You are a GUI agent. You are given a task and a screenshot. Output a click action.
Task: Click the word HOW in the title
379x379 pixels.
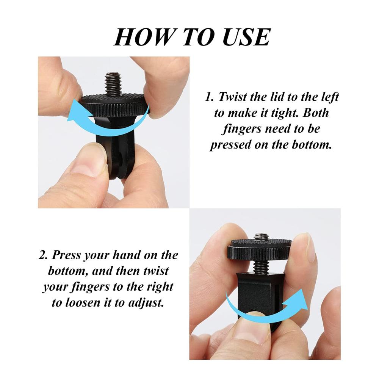(143, 37)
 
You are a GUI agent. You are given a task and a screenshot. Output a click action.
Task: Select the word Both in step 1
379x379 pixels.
(316, 113)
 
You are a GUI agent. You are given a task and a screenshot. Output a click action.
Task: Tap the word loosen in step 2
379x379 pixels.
(82, 302)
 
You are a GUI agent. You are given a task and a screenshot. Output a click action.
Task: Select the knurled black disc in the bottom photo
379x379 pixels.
(259, 249)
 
